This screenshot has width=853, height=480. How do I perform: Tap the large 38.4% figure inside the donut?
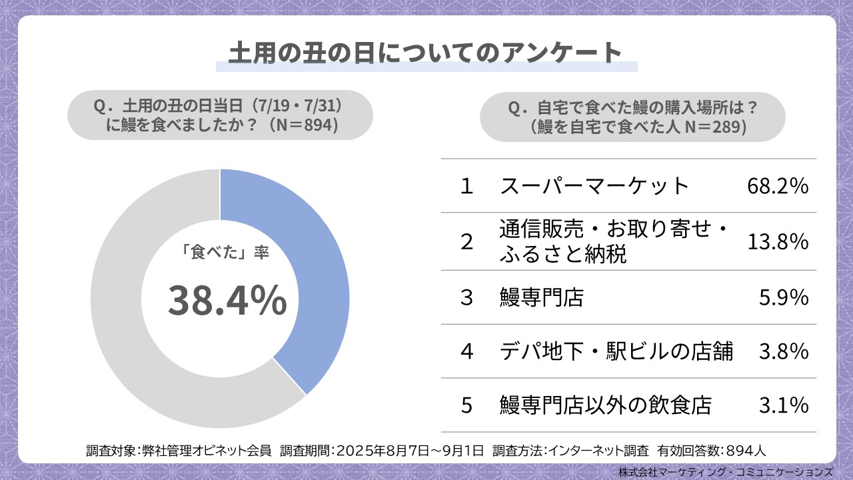pyautogui.click(x=227, y=301)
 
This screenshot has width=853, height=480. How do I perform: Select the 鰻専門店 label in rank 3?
pyautogui.click(x=541, y=297)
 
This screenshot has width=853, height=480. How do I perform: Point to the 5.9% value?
pyautogui.click(x=784, y=297)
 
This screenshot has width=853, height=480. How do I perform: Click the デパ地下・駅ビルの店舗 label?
pyautogui.click(x=616, y=351)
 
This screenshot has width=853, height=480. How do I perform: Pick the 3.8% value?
pyautogui.click(x=784, y=351)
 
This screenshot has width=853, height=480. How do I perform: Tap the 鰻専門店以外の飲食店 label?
pyautogui.click(x=606, y=405)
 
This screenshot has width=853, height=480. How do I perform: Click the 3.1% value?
pyautogui.click(x=784, y=405)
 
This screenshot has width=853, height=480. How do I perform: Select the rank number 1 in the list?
pyautogui.click(x=466, y=186)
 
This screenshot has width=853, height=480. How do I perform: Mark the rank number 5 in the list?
pyautogui.click(x=466, y=405)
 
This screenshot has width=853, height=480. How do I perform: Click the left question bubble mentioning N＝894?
pyautogui.click(x=220, y=115)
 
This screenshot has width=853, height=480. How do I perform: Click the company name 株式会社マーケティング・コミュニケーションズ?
pyautogui.click(x=725, y=471)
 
